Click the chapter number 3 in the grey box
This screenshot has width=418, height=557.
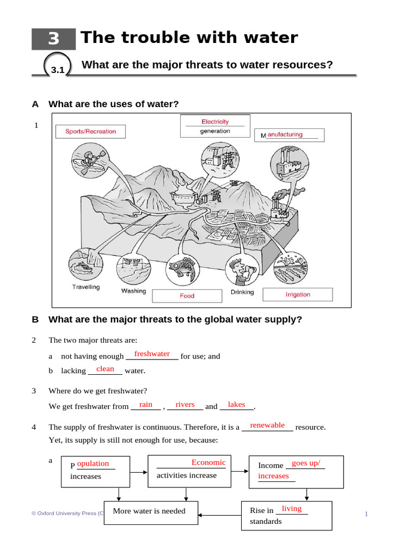click(53, 39)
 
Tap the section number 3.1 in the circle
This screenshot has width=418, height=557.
click(58, 70)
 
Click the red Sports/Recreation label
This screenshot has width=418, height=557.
click(90, 131)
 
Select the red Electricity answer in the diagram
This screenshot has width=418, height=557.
click(215, 122)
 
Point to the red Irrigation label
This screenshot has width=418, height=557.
click(298, 294)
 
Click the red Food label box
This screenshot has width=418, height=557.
click(187, 296)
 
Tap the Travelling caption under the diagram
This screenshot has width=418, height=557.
click(86, 287)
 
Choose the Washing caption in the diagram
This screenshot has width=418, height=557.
click(133, 291)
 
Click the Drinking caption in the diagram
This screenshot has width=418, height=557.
click(242, 292)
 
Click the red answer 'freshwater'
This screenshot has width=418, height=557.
click(152, 354)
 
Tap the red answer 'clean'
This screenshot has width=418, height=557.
click(105, 369)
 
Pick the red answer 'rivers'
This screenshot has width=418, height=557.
click(185, 404)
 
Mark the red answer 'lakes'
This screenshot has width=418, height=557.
click(236, 404)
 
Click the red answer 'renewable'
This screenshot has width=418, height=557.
click(267, 425)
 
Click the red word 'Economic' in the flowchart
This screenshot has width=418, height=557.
click(208, 462)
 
